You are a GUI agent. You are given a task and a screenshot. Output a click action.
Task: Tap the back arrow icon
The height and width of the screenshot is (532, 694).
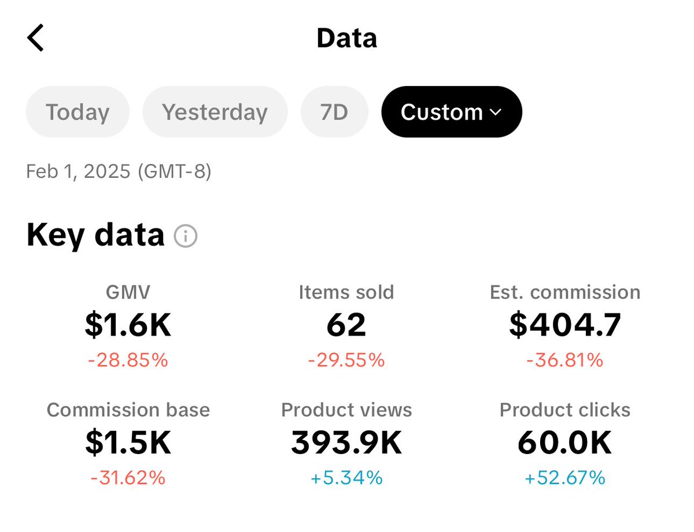pyautogui.click(x=36, y=38)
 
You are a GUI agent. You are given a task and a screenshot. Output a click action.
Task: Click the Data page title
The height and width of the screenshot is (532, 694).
pyautogui.click(x=346, y=38)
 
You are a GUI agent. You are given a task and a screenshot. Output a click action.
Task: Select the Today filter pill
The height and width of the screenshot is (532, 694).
pyautogui.click(x=77, y=112)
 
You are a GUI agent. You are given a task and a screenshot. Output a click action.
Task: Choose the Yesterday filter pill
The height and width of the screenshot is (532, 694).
pyautogui.click(x=215, y=112)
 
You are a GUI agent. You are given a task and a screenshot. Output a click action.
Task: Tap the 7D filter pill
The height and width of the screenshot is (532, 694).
pyautogui.click(x=334, y=112)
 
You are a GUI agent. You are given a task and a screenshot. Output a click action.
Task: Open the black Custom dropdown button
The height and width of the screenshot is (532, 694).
pyautogui.click(x=451, y=112)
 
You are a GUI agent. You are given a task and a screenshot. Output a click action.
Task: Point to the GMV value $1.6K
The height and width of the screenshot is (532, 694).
pyautogui.click(x=128, y=325)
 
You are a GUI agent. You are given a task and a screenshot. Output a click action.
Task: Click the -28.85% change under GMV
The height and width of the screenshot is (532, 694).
pyautogui.click(x=128, y=360)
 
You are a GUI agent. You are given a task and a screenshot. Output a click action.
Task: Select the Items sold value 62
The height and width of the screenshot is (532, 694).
pyautogui.click(x=346, y=325)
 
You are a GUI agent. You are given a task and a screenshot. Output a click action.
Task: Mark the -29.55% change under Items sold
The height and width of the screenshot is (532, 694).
pyautogui.click(x=346, y=360)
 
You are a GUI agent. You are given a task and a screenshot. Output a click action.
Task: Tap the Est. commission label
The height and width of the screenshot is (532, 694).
pyautogui.click(x=564, y=292)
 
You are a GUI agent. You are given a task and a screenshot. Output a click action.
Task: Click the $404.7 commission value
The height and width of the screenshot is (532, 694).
pyautogui.click(x=564, y=325)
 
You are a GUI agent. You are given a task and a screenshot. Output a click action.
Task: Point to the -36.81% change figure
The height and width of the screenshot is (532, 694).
pyautogui.click(x=564, y=360)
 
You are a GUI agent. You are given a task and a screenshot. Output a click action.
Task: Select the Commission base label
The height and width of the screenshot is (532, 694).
pyautogui.click(x=128, y=410)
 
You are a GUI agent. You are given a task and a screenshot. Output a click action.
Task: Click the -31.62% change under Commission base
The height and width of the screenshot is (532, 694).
pyautogui.click(x=128, y=478)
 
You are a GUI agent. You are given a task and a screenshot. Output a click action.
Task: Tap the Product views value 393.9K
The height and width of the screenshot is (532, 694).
pyautogui.click(x=346, y=443)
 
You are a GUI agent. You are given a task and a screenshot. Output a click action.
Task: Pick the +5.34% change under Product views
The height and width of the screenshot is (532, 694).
pyautogui.click(x=346, y=478)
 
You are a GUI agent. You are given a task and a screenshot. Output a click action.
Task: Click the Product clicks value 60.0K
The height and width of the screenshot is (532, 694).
pyautogui.click(x=564, y=443)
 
